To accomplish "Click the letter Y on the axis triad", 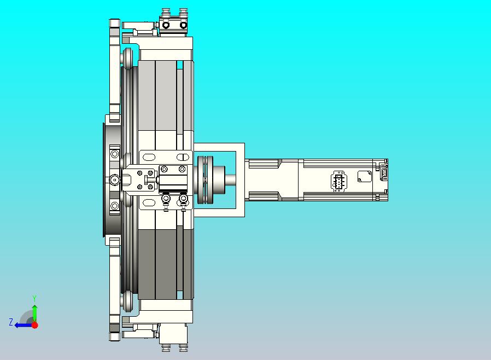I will pyautogui.click(x=34, y=298).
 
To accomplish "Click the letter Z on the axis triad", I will pyautogui.click(x=10, y=322).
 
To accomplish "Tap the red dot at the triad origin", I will pyautogui.click(x=34, y=325).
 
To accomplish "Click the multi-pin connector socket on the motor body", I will pyautogui.click(x=338, y=181).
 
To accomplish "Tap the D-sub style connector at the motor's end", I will pyautogui.click(x=384, y=173).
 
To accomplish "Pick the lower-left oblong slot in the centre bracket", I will pyautogui.click(x=149, y=204).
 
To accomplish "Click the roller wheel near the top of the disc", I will pyautogui.click(x=127, y=58).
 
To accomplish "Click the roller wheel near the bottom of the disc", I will pyautogui.click(x=127, y=301).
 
